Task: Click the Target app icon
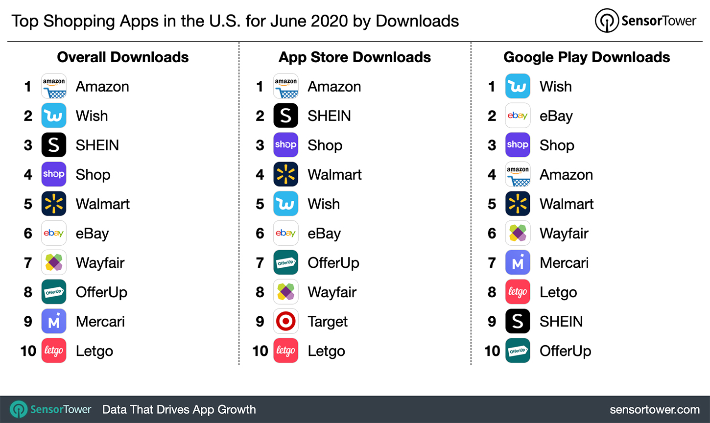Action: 286,321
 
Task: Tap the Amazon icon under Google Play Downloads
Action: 518,174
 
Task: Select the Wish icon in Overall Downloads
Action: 54,116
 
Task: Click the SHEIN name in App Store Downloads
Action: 329,116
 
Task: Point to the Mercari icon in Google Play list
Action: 518,262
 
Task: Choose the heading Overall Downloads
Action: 123,57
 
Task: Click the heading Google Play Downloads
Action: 587,57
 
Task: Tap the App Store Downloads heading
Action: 355,57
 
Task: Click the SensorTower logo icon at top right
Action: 607,21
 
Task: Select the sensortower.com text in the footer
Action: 655,410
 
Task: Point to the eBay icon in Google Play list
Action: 518,116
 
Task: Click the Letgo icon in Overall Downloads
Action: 54,351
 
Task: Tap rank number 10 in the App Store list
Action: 260,351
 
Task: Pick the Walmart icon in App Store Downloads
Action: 286,174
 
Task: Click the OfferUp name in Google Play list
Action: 565,351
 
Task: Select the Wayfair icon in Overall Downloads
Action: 54,262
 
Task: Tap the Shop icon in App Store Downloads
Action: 286,145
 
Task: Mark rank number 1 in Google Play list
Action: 492,87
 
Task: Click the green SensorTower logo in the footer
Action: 19,410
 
